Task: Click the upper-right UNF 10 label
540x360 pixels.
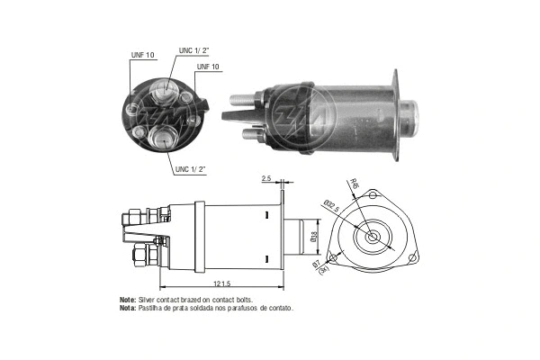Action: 209,67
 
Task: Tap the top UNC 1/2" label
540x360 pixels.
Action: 194,50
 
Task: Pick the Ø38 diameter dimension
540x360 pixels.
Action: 313,237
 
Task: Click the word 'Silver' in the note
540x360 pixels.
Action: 148,299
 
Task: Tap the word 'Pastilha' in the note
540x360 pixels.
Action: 153,308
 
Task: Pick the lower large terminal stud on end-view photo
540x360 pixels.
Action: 164,136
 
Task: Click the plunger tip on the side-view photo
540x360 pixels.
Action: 411,113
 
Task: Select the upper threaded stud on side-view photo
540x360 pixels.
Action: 240,96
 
